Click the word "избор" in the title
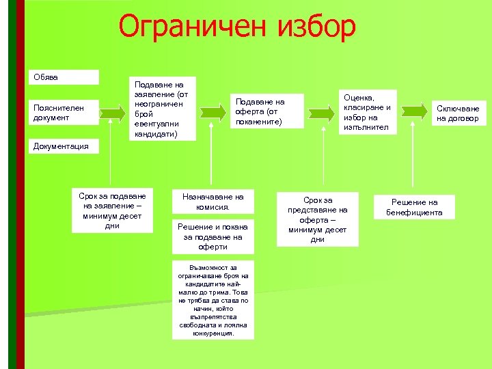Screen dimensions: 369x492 317,27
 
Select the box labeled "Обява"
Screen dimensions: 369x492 66,77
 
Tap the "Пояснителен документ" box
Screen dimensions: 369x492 66,113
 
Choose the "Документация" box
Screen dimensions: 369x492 66,146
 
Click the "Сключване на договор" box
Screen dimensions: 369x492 459,113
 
